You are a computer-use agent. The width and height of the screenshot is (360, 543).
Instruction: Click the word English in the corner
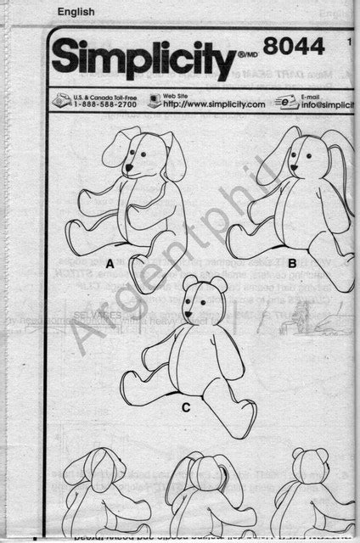pos(75,10)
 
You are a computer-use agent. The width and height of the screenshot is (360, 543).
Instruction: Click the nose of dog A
pos(129,167)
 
